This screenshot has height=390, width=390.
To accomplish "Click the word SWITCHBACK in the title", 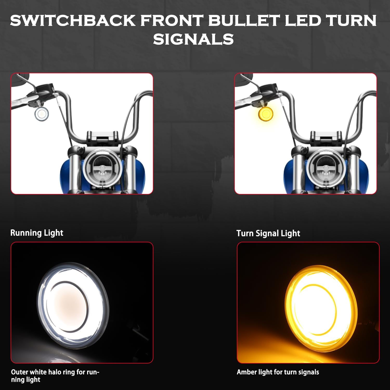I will coord(73,21).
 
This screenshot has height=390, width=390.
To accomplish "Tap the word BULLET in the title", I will coord(244,21).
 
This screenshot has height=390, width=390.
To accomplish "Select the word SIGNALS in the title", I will coord(193,39).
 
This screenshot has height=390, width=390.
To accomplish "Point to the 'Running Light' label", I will coord(37,233).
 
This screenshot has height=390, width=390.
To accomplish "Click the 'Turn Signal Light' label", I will coord(268,233).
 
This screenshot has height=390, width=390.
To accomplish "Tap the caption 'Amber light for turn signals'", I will coord(278,372).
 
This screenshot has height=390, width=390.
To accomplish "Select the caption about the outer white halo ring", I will coord(55,376).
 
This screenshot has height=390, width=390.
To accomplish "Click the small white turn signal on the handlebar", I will coord(42,114).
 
